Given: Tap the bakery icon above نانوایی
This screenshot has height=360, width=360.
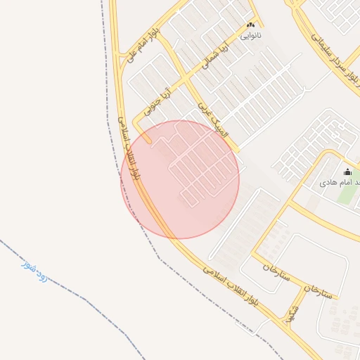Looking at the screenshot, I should point(251,25).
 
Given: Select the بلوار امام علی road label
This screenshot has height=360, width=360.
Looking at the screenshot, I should point(141,44).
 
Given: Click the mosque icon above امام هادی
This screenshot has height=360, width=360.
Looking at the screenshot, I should point(347,172).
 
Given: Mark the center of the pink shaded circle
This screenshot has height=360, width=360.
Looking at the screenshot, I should point(180,180).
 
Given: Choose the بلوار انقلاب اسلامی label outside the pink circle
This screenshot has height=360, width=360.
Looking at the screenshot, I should point(231,284).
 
